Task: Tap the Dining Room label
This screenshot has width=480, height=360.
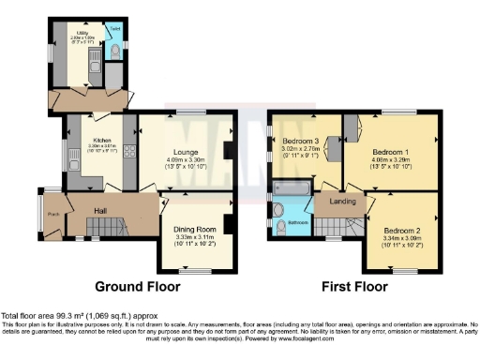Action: point(195,230)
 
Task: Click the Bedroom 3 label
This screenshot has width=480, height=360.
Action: point(302,142)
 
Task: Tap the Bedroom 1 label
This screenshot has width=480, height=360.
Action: point(390,150)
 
